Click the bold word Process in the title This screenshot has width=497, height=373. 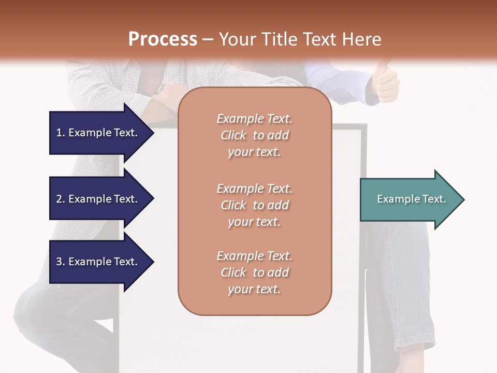(x=163, y=39)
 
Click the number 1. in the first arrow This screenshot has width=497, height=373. (x=61, y=133)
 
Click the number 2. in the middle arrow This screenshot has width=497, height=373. (x=61, y=199)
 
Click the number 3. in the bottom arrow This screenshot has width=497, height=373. (x=61, y=262)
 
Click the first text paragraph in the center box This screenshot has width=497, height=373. (x=254, y=135)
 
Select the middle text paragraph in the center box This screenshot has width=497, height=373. (x=254, y=205)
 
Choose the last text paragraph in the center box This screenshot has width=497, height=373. (x=254, y=272)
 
